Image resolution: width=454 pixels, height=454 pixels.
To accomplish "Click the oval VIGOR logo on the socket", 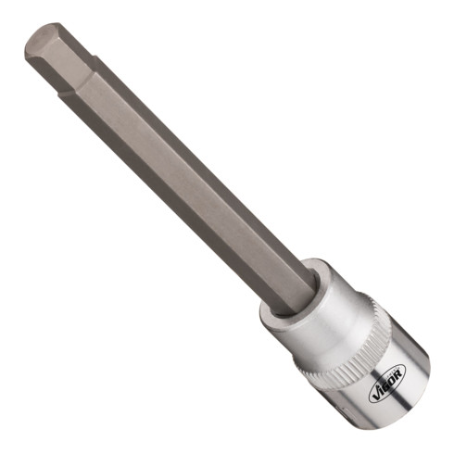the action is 387,382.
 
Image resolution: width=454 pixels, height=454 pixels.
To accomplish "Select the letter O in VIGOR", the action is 392,379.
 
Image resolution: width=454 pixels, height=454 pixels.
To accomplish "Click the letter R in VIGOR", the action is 398,373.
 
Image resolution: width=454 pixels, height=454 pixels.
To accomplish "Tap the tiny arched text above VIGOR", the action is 393,372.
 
